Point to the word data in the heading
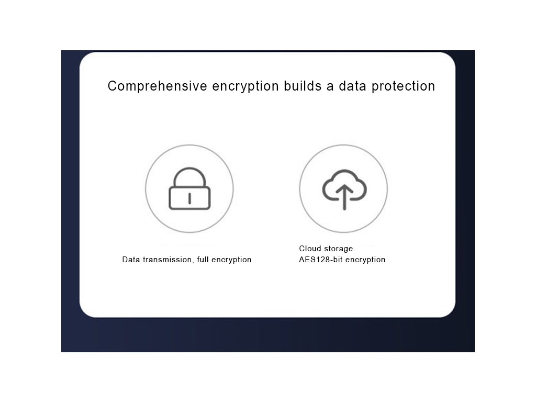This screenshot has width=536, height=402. coord(353,86)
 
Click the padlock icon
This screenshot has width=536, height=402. coord(189,189)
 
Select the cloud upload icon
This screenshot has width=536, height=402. coord(343,189)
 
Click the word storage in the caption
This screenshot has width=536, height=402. coord(338,249)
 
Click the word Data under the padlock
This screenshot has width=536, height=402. coord(131,260)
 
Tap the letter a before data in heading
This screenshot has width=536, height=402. coord(330,86)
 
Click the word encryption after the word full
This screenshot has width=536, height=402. coord(232,260)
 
